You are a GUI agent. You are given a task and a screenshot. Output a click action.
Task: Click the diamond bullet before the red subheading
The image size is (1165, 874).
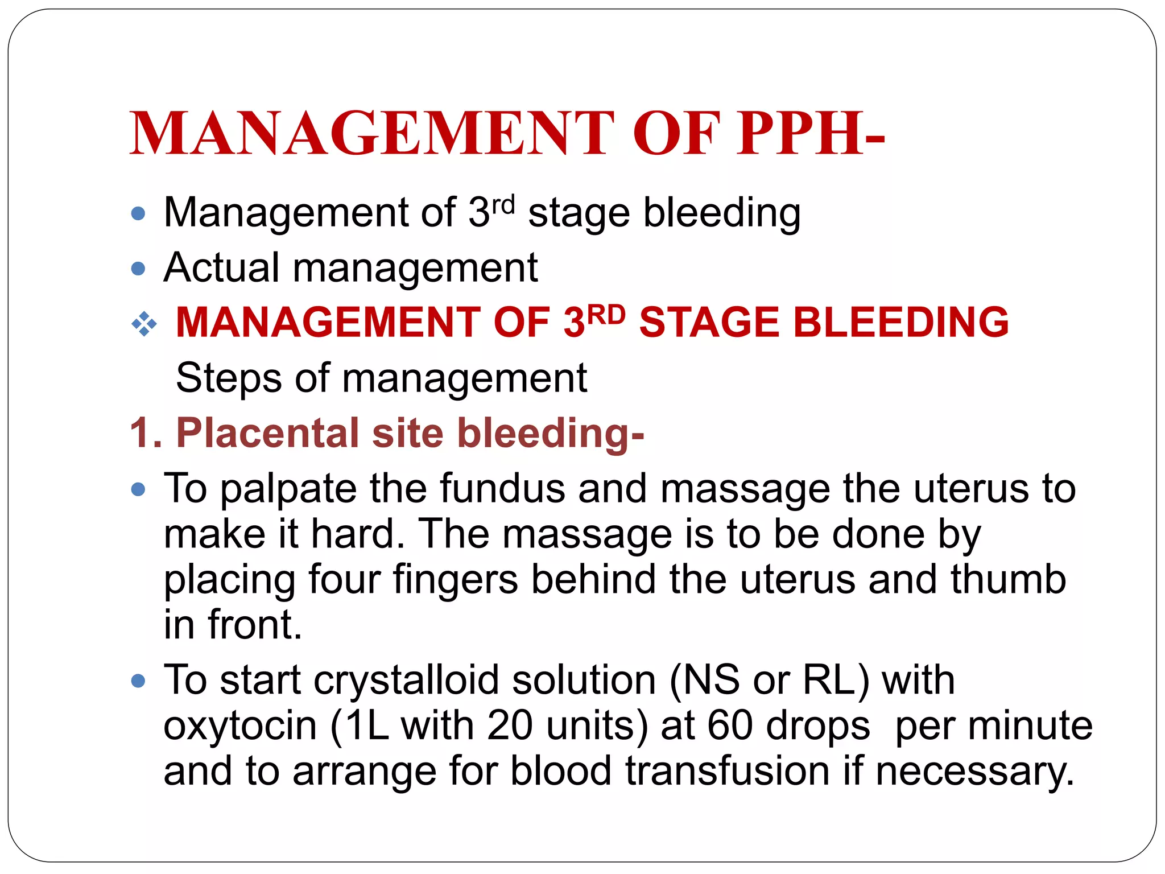point(144,324)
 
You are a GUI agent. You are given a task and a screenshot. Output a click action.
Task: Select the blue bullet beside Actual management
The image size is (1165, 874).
point(138,269)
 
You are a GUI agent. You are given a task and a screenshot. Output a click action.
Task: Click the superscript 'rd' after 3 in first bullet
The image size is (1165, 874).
point(503,204)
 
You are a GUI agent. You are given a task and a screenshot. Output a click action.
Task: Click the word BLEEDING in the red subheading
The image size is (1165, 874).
point(900,322)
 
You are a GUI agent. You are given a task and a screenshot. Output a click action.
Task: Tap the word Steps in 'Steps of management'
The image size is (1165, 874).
point(229,378)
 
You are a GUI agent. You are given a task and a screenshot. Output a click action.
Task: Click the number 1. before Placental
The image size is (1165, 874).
point(146,433)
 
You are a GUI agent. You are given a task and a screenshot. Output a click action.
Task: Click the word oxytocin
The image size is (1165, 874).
point(239,727)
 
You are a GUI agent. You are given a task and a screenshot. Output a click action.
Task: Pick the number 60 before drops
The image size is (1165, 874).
point(730,725)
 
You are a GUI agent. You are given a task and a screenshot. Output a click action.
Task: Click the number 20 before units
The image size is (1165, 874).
point(510,725)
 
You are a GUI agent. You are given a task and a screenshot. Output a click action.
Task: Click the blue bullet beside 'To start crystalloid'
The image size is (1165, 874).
point(138,681)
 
